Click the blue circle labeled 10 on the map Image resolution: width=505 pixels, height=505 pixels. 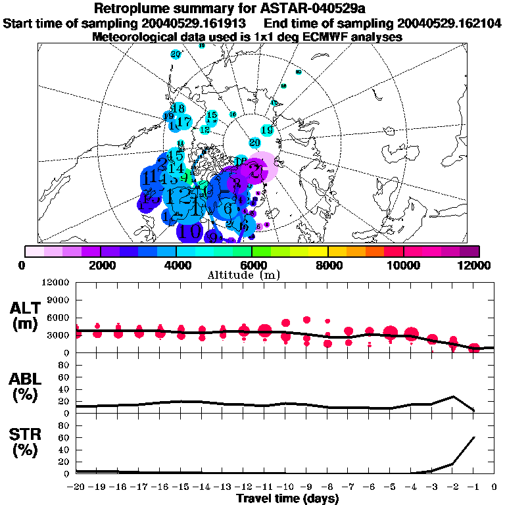(190, 231)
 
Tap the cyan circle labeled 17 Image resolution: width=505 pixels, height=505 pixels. (184, 122)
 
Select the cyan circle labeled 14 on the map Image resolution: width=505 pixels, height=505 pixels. (177, 168)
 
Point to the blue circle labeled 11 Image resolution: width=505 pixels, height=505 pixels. (153, 178)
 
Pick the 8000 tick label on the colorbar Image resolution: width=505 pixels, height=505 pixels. (327, 265)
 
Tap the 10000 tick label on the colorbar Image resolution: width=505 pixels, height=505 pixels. (403, 265)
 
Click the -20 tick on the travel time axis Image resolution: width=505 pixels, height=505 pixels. (77, 487)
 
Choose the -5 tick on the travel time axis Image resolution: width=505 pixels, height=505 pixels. (390, 487)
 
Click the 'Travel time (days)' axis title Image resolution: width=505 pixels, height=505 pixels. (287, 499)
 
